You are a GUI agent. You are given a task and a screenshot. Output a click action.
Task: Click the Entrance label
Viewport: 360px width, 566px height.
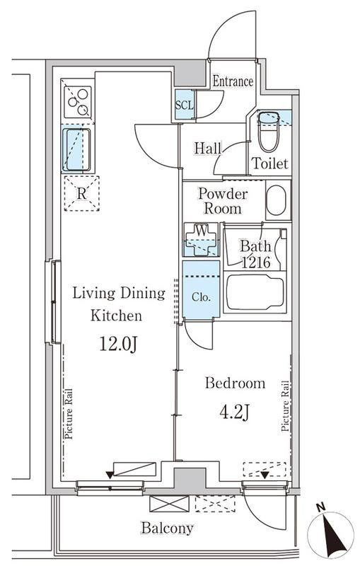pos(233,81)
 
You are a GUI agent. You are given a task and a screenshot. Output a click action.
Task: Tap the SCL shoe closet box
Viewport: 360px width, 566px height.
pos(185,105)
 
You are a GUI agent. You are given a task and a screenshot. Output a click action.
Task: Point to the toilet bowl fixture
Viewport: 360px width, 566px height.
pos(269,132)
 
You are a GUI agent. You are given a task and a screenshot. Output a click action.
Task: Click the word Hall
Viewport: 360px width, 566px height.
pos(207,148)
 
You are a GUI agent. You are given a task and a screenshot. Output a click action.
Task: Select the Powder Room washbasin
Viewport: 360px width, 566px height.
pos(277,200)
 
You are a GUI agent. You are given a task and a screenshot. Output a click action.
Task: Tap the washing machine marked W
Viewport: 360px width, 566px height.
pos(201,239)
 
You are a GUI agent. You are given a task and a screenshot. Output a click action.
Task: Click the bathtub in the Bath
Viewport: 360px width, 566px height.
pos(255,292)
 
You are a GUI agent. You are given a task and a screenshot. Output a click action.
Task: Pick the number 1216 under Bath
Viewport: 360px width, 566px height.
pos(256,262)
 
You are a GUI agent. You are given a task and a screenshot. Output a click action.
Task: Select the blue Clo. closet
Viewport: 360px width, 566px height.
pos(201,289)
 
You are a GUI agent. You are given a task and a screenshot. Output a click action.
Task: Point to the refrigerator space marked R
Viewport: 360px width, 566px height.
pos(82,193)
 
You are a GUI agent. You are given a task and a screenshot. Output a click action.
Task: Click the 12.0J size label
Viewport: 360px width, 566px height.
pos(118,345)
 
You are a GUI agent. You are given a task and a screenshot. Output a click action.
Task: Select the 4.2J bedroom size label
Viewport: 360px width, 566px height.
pos(235,412)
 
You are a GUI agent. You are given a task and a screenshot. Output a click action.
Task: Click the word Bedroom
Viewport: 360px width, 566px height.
pos(236,383)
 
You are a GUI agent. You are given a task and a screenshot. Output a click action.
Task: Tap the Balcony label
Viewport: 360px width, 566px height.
pos(167,529)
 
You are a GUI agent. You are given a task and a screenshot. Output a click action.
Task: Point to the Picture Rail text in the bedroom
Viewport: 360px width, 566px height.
pos(285,406)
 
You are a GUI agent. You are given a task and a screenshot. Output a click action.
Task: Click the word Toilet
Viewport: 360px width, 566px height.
pos(269,163)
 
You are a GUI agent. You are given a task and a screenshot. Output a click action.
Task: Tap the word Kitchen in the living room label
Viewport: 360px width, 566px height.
pos(116,316)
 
